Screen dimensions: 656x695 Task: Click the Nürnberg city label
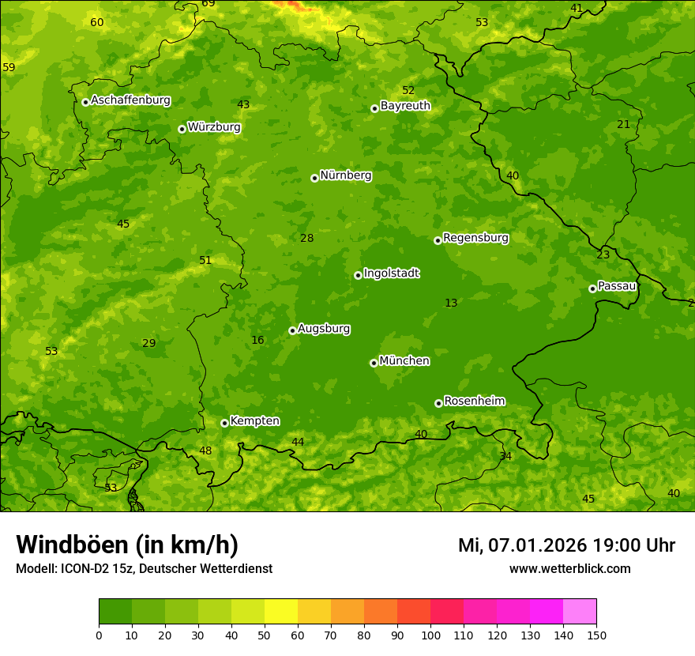(345, 175)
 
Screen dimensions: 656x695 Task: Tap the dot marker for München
(374, 363)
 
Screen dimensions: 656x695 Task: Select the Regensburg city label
(475, 238)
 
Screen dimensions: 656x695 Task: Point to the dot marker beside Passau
(592, 288)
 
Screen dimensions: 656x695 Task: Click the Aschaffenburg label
(130, 100)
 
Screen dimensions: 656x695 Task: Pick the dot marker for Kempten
(224, 423)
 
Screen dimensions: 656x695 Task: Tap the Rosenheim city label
(474, 402)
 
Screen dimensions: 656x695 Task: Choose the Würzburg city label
(214, 127)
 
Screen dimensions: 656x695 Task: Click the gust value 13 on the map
(451, 303)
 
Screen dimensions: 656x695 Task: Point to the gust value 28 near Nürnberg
(307, 238)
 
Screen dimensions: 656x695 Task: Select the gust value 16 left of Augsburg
(257, 341)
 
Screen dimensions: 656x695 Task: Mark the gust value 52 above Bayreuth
(408, 90)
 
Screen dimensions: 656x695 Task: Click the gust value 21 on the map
(624, 124)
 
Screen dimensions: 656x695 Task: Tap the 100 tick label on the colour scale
(430, 635)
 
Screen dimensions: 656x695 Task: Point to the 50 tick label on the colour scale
(265, 635)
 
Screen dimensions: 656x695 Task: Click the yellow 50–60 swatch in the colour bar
(281, 612)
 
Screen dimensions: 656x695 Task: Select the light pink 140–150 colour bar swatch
(580, 612)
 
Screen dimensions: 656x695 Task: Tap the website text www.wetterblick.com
(569, 568)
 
